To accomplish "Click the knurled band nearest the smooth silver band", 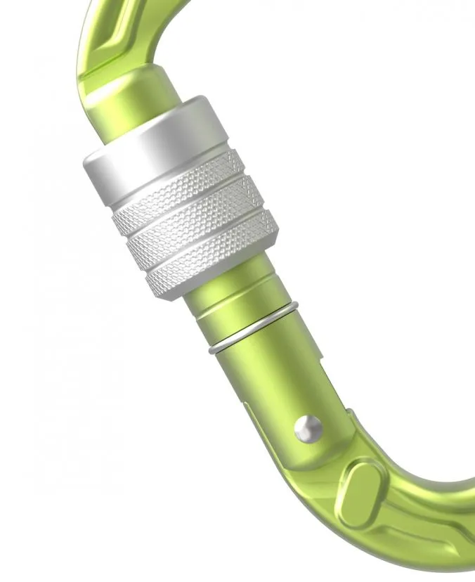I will [x=179, y=193].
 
